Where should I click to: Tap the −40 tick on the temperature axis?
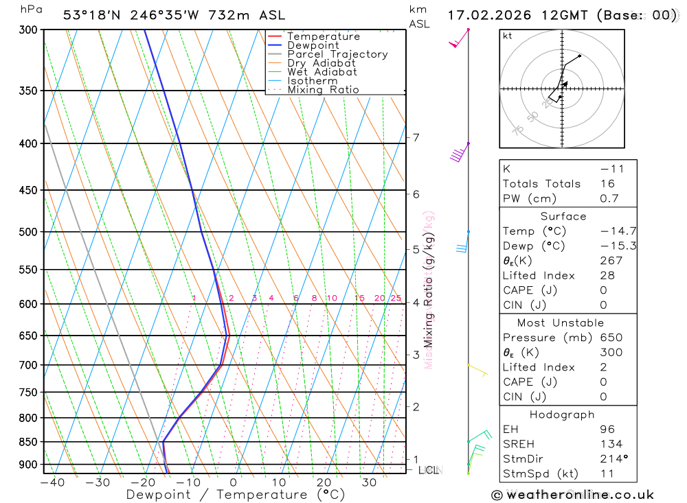click(52, 482)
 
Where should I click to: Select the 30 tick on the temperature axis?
click(369, 482)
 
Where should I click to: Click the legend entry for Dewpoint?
click(313, 45)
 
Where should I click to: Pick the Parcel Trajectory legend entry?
click(337, 54)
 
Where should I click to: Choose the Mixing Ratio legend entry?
click(323, 90)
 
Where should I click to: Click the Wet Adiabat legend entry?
click(322, 72)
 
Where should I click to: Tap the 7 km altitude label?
click(416, 137)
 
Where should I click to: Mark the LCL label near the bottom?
click(429, 470)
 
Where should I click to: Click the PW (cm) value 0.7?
click(609, 199)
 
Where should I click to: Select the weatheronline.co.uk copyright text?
click(572, 495)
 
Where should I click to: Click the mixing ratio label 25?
click(396, 298)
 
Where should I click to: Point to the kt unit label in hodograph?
click(508, 36)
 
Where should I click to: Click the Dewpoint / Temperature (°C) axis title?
click(236, 495)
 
